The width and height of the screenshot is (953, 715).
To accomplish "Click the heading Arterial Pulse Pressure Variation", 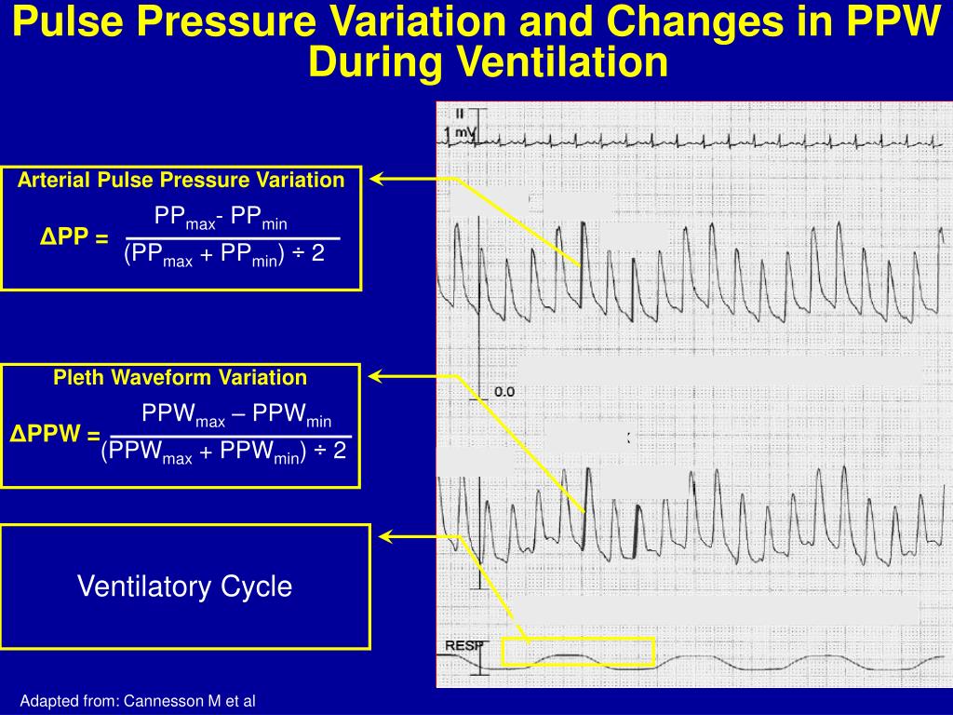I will [181, 180].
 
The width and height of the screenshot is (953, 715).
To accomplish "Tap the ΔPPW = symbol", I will [55, 435].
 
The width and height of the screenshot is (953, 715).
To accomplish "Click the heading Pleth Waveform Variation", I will [181, 377].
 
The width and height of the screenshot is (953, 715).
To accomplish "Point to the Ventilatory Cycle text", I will [184, 587].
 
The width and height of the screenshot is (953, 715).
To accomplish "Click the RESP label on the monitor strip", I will [462, 645].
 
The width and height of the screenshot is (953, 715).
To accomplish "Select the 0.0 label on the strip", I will [503, 392].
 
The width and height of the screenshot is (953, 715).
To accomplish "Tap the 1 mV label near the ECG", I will [460, 133].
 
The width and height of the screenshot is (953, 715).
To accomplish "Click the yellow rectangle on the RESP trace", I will [578, 652].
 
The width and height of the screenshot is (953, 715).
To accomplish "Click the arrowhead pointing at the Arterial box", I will [378, 178].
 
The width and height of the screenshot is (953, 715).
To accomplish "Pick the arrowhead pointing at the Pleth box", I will [378, 376].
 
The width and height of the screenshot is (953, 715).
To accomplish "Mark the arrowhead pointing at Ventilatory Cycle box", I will [386, 536].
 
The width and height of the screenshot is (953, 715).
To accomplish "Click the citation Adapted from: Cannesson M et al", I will [138, 701].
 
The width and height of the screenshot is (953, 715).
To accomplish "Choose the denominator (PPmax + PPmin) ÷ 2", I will [224, 254].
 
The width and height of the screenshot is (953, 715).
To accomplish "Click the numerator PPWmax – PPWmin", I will [236, 415].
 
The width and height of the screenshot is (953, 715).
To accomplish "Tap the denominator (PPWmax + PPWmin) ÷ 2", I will [224, 452].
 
